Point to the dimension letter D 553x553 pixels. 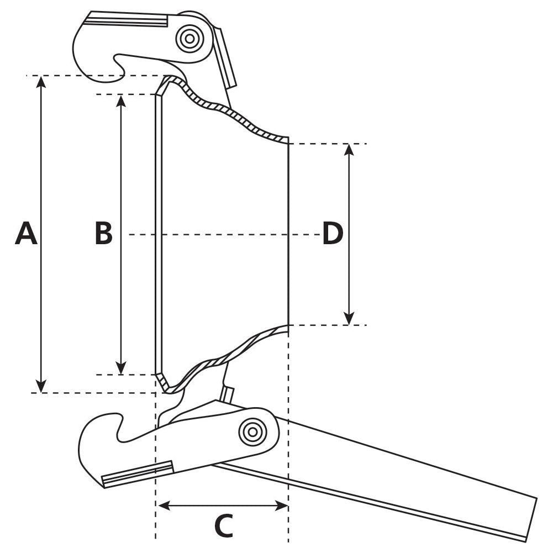click(x=333, y=234)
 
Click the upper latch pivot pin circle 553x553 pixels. click(x=189, y=38)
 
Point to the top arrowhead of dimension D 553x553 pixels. click(x=349, y=150)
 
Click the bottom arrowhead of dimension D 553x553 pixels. click(x=349, y=319)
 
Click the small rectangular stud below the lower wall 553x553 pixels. click(x=228, y=394)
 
